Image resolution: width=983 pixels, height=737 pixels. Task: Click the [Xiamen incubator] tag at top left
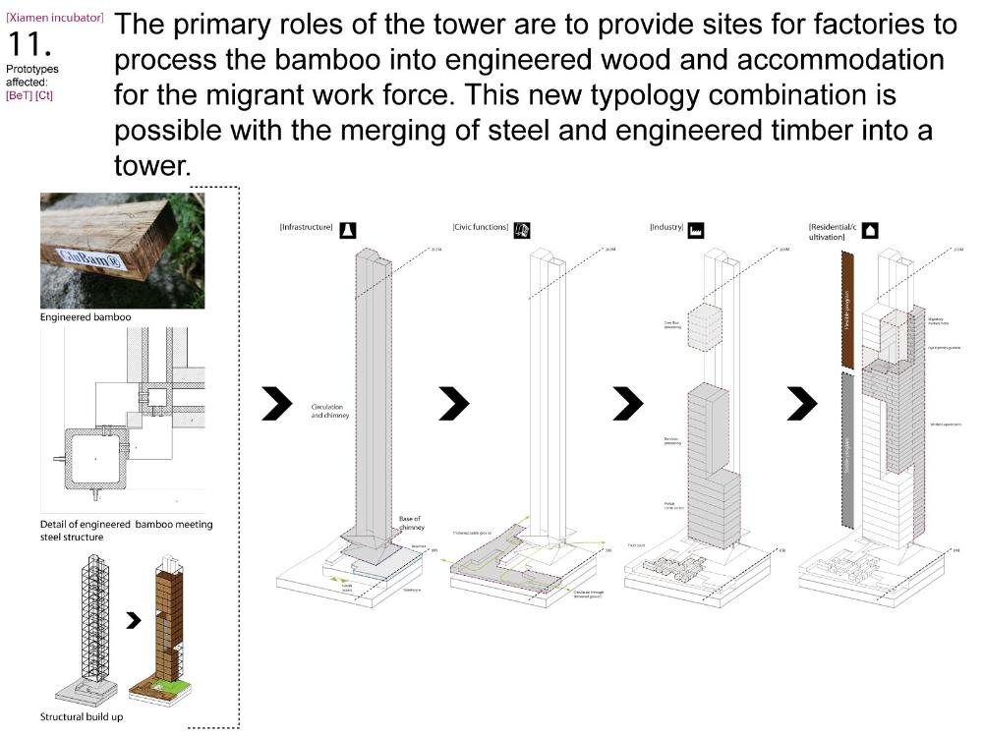(54, 18)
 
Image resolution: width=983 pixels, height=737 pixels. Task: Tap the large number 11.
(30, 44)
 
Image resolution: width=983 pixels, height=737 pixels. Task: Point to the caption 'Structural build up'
(82, 716)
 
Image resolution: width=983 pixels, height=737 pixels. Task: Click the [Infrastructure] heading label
(307, 228)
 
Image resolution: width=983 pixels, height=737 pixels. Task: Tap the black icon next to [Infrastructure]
(348, 229)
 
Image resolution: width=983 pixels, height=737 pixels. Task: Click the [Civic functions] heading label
(481, 228)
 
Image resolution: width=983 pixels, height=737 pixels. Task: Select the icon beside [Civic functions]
(523, 230)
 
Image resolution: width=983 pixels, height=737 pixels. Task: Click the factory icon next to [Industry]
(697, 230)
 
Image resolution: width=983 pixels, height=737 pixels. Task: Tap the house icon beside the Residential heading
(871, 230)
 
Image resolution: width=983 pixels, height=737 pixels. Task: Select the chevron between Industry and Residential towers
(802, 402)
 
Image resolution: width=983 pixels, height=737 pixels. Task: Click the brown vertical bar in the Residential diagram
(846, 304)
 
